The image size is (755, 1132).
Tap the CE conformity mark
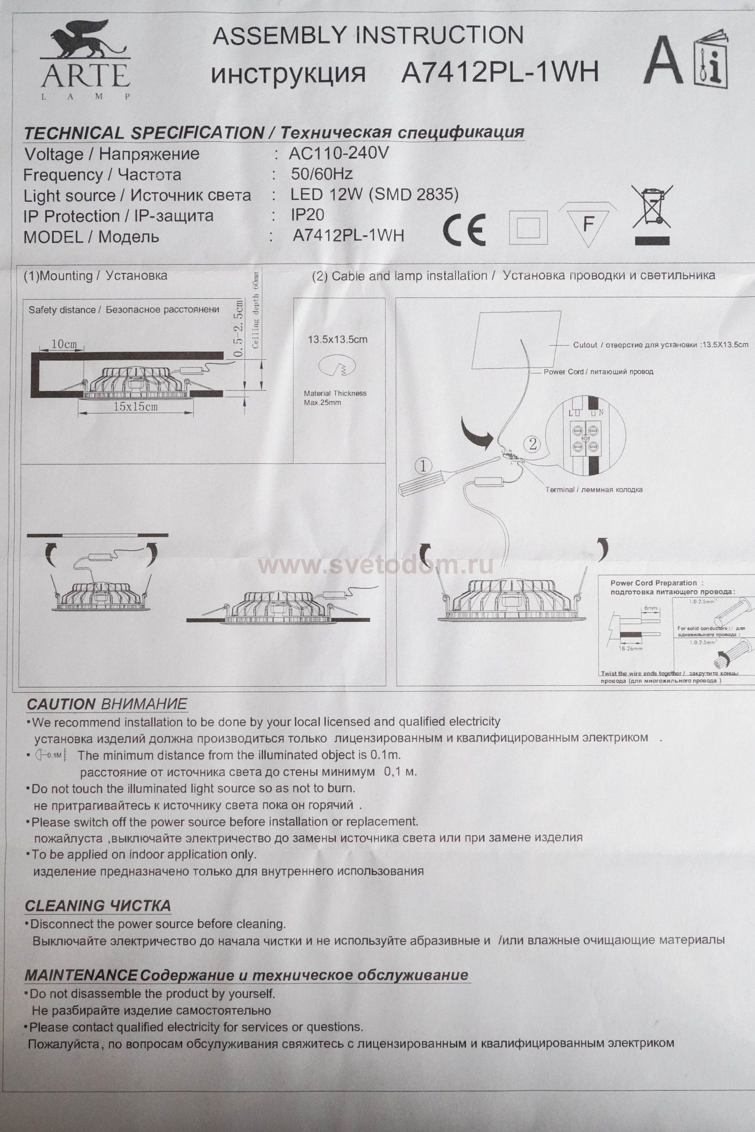pyautogui.click(x=464, y=229)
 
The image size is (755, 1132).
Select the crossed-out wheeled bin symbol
pyautogui.click(x=652, y=207)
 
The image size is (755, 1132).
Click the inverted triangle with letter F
pyautogui.click(x=588, y=225)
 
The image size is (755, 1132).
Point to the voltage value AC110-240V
pyautogui.click(x=339, y=153)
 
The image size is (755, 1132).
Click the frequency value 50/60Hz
pyautogui.click(x=322, y=174)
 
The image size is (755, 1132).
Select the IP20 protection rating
pyautogui.click(x=308, y=215)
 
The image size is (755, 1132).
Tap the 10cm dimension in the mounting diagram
pyautogui.click(x=64, y=344)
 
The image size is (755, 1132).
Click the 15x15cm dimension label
pyautogui.click(x=135, y=407)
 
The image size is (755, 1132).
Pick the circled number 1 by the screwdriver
pyautogui.click(x=423, y=466)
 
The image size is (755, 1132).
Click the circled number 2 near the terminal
pyautogui.click(x=534, y=444)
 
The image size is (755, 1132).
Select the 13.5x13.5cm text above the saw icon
pyautogui.click(x=337, y=340)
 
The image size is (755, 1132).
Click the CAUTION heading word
pyautogui.click(x=61, y=704)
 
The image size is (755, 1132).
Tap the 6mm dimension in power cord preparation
pyautogui.click(x=651, y=608)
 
